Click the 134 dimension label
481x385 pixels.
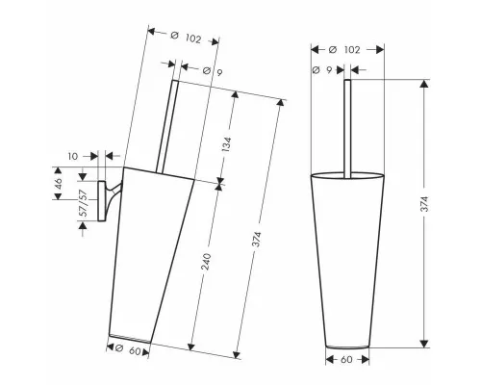[x=226, y=144]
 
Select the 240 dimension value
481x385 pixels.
[x=207, y=262]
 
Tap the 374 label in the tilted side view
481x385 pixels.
[x=257, y=240]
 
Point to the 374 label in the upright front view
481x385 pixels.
[x=424, y=204]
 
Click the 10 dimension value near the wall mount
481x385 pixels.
[x=73, y=156]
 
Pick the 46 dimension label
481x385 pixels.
[x=59, y=184]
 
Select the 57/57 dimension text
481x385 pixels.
[x=83, y=204]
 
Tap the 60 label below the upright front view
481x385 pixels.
[x=346, y=360]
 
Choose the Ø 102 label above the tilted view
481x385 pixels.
[x=186, y=38]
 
